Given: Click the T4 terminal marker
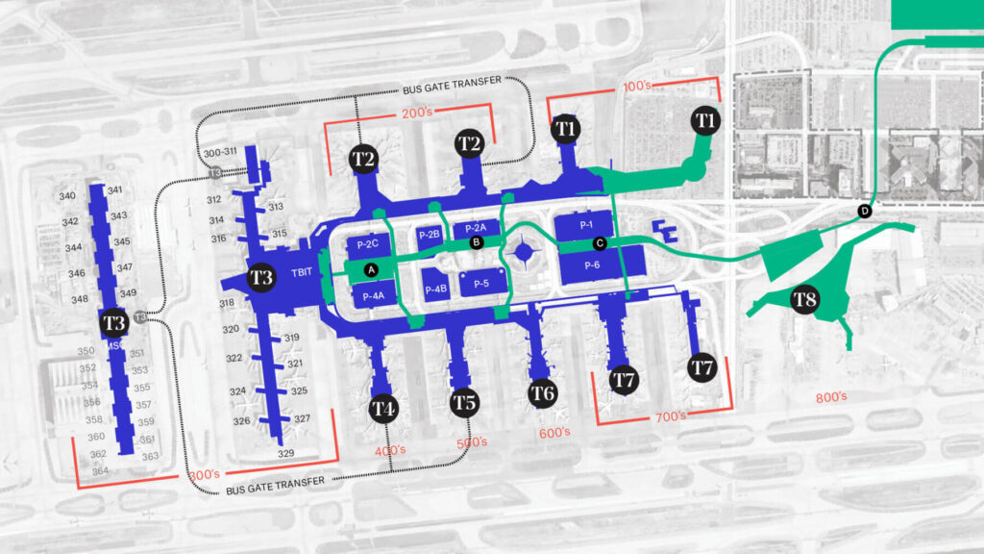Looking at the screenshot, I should (384, 409).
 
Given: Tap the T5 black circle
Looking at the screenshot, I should (465, 401).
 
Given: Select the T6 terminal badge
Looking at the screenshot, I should (543, 392).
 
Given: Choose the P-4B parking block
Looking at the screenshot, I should (435, 288).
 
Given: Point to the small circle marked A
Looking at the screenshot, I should (371, 269).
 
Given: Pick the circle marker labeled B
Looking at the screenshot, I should (475, 243).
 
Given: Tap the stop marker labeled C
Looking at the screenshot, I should (600, 243).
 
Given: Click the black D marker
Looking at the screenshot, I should (864, 211).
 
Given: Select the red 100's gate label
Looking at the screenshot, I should (637, 86).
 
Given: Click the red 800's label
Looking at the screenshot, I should (830, 396).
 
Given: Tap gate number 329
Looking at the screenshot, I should (285, 453).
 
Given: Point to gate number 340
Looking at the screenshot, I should (67, 196).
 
